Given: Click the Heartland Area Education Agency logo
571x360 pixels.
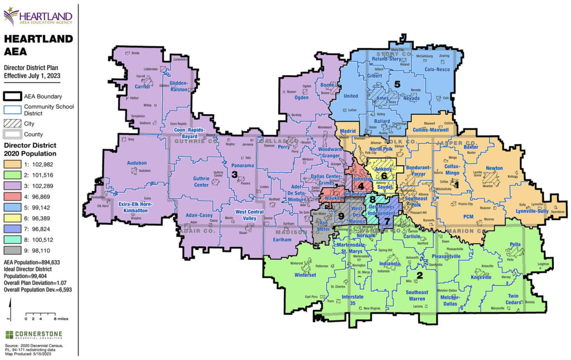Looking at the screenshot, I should pyautogui.click(x=38, y=17).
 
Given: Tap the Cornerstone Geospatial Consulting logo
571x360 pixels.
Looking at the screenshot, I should pyautogui.click(x=34, y=335).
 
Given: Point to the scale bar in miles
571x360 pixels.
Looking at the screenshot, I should pyautogui.click(x=46, y=317).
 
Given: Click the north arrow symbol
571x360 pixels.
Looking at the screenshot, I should pyautogui.click(x=8, y=309).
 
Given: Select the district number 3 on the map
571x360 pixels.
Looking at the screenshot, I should pyautogui.click(x=235, y=175).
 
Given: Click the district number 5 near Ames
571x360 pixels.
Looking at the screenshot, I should pyautogui.click(x=397, y=84).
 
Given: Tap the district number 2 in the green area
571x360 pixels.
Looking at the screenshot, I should pyautogui.click(x=420, y=275).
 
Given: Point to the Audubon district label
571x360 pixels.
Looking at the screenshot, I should pyautogui.click(x=137, y=163).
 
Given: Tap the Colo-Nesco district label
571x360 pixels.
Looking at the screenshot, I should pyautogui.click(x=437, y=70).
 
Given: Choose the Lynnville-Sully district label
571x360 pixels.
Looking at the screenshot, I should pyautogui.click(x=532, y=211).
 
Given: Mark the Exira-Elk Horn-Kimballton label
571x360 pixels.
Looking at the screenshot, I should pyautogui.click(x=135, y=207).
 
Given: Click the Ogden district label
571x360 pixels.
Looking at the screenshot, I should pyautogui.click(x=301, y=98).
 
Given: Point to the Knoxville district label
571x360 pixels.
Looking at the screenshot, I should pyautogui.click(x=481, y=277).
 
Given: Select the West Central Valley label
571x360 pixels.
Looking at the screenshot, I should pyautogui.click(x=249, y=215).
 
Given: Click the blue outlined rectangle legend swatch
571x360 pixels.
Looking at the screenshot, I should pyautogui.click(x=12, y=110).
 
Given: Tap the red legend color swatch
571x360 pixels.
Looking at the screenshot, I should pyautogui.click(x=12, y=196).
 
